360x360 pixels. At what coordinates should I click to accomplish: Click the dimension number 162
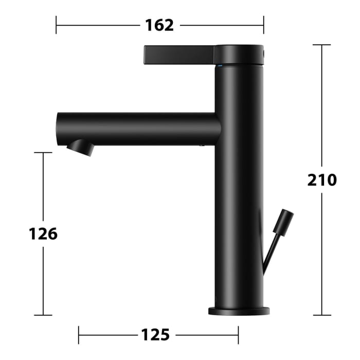point(159,25)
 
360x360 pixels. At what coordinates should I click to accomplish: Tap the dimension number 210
point(322,180)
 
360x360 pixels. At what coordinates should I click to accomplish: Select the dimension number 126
point(43,234)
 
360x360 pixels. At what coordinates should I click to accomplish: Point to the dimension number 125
point(155,335)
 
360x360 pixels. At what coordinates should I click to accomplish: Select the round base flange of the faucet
point(239,310)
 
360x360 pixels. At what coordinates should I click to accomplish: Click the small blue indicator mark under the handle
point(221,66)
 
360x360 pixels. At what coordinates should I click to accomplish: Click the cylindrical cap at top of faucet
point(239,55)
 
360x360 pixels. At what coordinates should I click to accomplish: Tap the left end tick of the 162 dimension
point(56,25)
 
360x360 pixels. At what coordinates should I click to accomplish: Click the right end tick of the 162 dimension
point(264,25)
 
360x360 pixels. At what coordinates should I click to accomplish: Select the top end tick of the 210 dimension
point(322,45)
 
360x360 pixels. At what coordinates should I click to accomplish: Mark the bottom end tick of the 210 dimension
point(322,315)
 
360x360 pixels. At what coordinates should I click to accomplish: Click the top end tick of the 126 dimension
point(43,153)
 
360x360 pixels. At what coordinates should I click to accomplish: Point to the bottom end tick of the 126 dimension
point(43,315)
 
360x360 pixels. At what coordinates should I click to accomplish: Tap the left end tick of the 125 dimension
point(79,335)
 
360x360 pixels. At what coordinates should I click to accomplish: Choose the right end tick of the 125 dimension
point(238,335)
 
